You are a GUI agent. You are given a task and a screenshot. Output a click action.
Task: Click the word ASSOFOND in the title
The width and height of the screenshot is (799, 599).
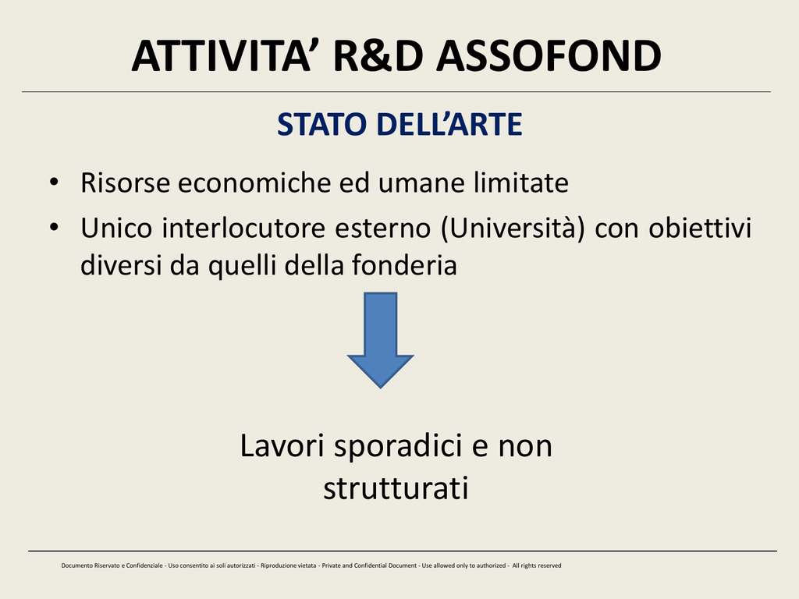549,55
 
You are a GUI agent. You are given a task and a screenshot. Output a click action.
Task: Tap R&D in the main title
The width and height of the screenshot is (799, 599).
378,55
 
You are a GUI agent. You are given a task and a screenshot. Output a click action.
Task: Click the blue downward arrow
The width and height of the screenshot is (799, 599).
380,340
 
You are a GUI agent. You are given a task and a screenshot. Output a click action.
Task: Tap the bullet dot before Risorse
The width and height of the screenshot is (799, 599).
54,182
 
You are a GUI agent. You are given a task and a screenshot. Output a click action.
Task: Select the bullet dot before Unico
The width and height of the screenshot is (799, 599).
54,227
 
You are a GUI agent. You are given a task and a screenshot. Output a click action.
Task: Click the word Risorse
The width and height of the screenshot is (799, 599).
125,183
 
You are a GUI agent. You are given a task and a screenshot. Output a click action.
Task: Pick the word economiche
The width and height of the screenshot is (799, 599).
255,183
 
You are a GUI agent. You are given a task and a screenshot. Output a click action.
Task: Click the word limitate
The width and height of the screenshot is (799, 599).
520,183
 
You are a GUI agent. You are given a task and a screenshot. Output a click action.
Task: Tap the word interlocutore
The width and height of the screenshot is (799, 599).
243,228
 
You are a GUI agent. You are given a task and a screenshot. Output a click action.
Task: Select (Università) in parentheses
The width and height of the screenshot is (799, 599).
513,228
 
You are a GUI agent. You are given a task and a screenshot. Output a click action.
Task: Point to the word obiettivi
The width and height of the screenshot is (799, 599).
700,228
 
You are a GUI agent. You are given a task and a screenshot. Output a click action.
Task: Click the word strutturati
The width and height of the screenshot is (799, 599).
396,488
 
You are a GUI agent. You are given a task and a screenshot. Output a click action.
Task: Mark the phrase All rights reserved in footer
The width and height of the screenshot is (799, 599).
537,565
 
